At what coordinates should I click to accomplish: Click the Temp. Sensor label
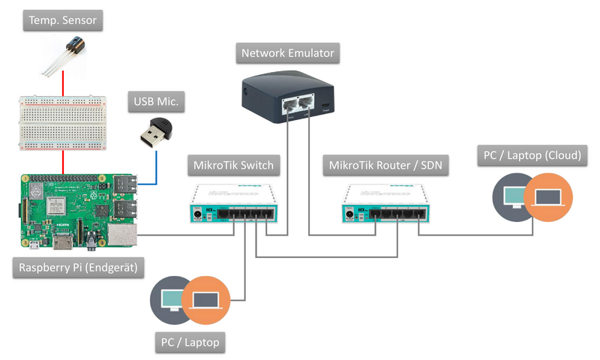click(62, 21)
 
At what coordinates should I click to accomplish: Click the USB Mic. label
click(159, 102)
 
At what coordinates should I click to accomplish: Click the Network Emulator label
click(288, 53)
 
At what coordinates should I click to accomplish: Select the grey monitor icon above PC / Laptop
click(172, 299)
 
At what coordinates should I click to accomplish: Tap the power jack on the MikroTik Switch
click(199, 214)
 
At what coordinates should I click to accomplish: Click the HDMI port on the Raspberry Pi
click(64, 241)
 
